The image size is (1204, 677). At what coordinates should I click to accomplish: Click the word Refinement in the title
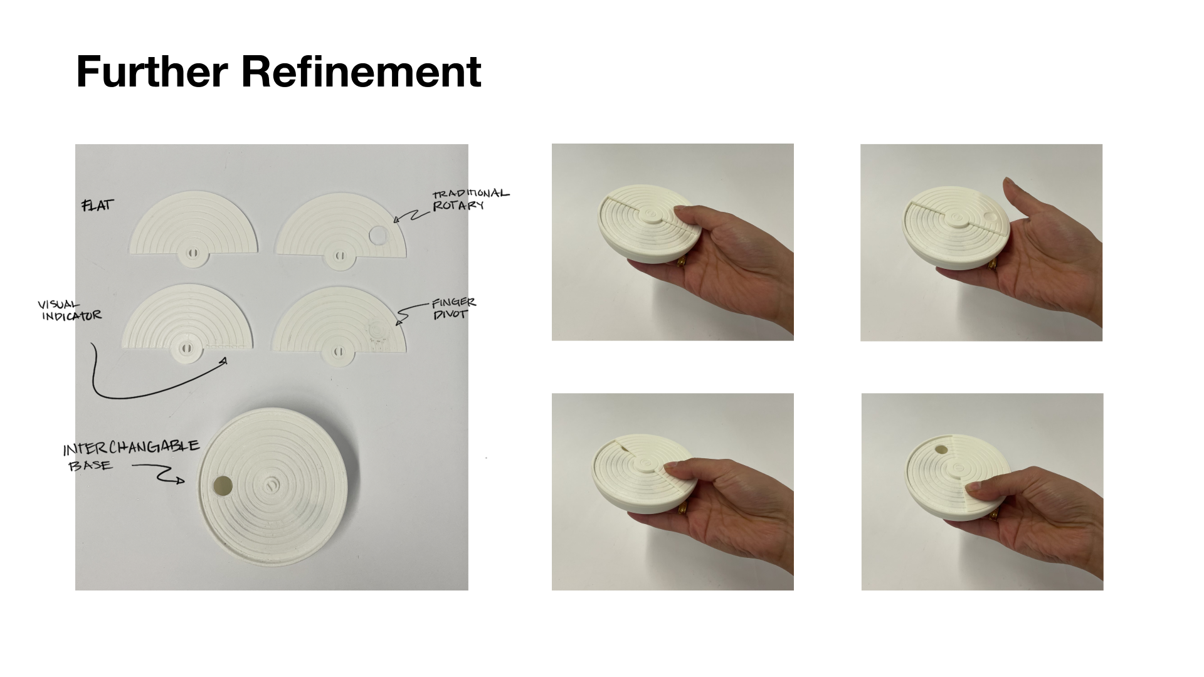[361, 71]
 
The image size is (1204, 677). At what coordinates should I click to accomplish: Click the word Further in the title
[152, 71]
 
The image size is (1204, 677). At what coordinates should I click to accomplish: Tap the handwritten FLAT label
[98, 205]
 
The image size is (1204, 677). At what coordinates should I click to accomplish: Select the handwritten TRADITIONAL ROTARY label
[470, 199]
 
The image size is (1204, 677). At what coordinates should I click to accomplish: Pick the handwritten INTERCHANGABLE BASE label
[130, 455]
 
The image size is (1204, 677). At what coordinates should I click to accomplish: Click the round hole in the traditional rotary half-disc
[379, 235]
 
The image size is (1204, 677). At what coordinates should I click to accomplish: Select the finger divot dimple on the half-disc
[378, 330]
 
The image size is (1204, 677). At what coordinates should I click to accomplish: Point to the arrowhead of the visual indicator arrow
[224, 360]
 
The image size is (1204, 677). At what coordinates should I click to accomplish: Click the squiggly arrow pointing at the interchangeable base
[158, 473]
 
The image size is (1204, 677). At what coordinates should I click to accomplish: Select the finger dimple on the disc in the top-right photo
[992, 216]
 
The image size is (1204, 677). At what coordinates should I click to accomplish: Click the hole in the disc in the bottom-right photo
[941, 449]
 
